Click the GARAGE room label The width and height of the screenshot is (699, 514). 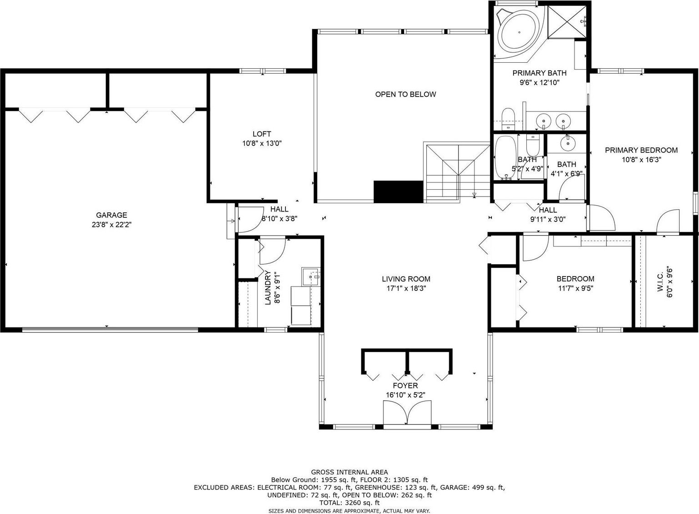click(111, 215)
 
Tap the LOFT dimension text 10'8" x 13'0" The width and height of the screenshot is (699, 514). click(262, 144)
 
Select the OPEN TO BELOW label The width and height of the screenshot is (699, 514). click(405, 94)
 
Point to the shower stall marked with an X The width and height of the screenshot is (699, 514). click(567, 21)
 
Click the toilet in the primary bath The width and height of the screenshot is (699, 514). click(508, 119)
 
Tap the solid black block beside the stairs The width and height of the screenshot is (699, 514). click(399, 192)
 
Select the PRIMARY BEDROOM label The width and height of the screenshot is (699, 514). click(641, 150)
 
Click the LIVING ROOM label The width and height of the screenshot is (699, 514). click(406, 279)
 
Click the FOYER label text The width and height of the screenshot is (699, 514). click(405, 386)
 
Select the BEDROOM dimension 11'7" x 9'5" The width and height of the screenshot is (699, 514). click(575, 288)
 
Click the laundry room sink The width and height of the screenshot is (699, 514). click(310, 277)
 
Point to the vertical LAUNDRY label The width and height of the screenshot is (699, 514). click(268, 287)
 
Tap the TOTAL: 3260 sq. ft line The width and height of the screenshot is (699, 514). click(349, 503)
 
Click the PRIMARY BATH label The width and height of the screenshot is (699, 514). click(539, 73)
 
